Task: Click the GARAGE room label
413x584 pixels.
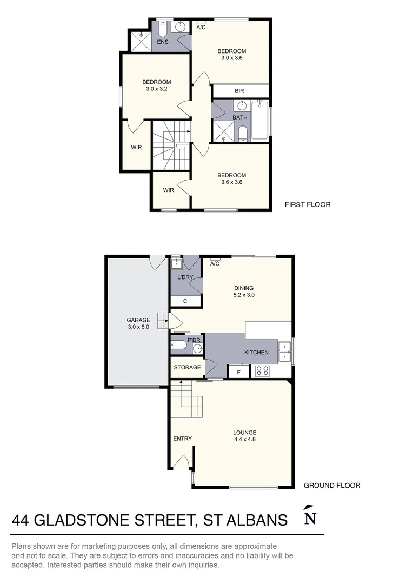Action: pos(138,323)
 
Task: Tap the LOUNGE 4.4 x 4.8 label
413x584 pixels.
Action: pos(244,436)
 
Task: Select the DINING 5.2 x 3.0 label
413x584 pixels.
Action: pos(243,291)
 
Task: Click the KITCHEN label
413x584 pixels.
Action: pos(256,353)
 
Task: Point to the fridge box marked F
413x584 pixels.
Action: pos(238,371)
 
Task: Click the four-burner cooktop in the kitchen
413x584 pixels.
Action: pos(262,371)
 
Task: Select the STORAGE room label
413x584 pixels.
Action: pos(187,367)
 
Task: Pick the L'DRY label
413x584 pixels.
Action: pos(185,277)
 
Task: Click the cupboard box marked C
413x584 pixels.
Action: pos(185,301)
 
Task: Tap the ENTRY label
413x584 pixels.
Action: pos(183,439)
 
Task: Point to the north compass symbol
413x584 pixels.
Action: pos(310,516)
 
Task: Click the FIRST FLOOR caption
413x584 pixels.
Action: pos(308,204)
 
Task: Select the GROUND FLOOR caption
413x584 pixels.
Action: pos(332,486)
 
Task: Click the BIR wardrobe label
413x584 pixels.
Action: pos(239,91)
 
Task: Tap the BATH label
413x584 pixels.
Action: pos(240,117)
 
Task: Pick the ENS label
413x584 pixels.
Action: pos(163,42)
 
